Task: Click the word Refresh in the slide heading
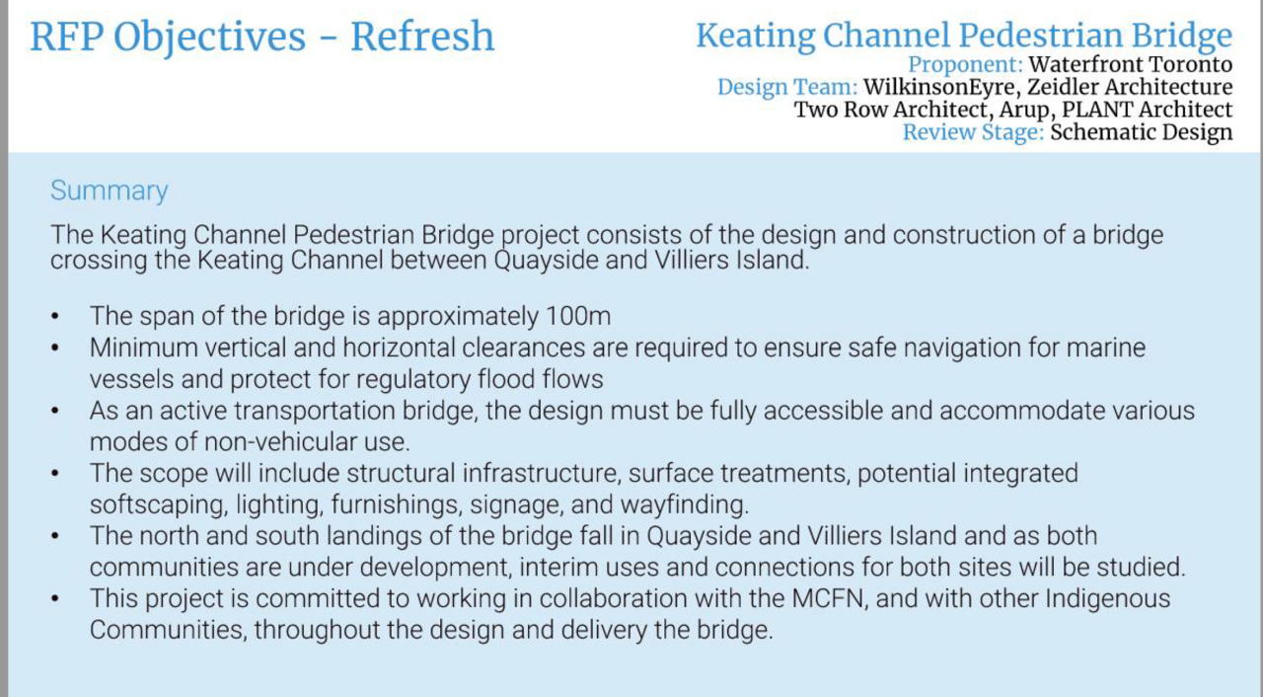tap(422, 37)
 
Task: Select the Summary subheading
tap(109, 192)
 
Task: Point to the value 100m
tap(578, 316)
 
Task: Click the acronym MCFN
tap(828, 598)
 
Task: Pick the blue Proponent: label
tap(965, 64)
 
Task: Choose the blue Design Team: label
tap(787, 87)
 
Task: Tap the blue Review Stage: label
tap(973, 132)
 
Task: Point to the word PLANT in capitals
tap(1097, 110)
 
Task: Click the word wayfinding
tap(685, 504)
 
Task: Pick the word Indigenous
tap(1108, 599)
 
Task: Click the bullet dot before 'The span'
tap(54, 316)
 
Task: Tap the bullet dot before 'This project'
tap(54, 599)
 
